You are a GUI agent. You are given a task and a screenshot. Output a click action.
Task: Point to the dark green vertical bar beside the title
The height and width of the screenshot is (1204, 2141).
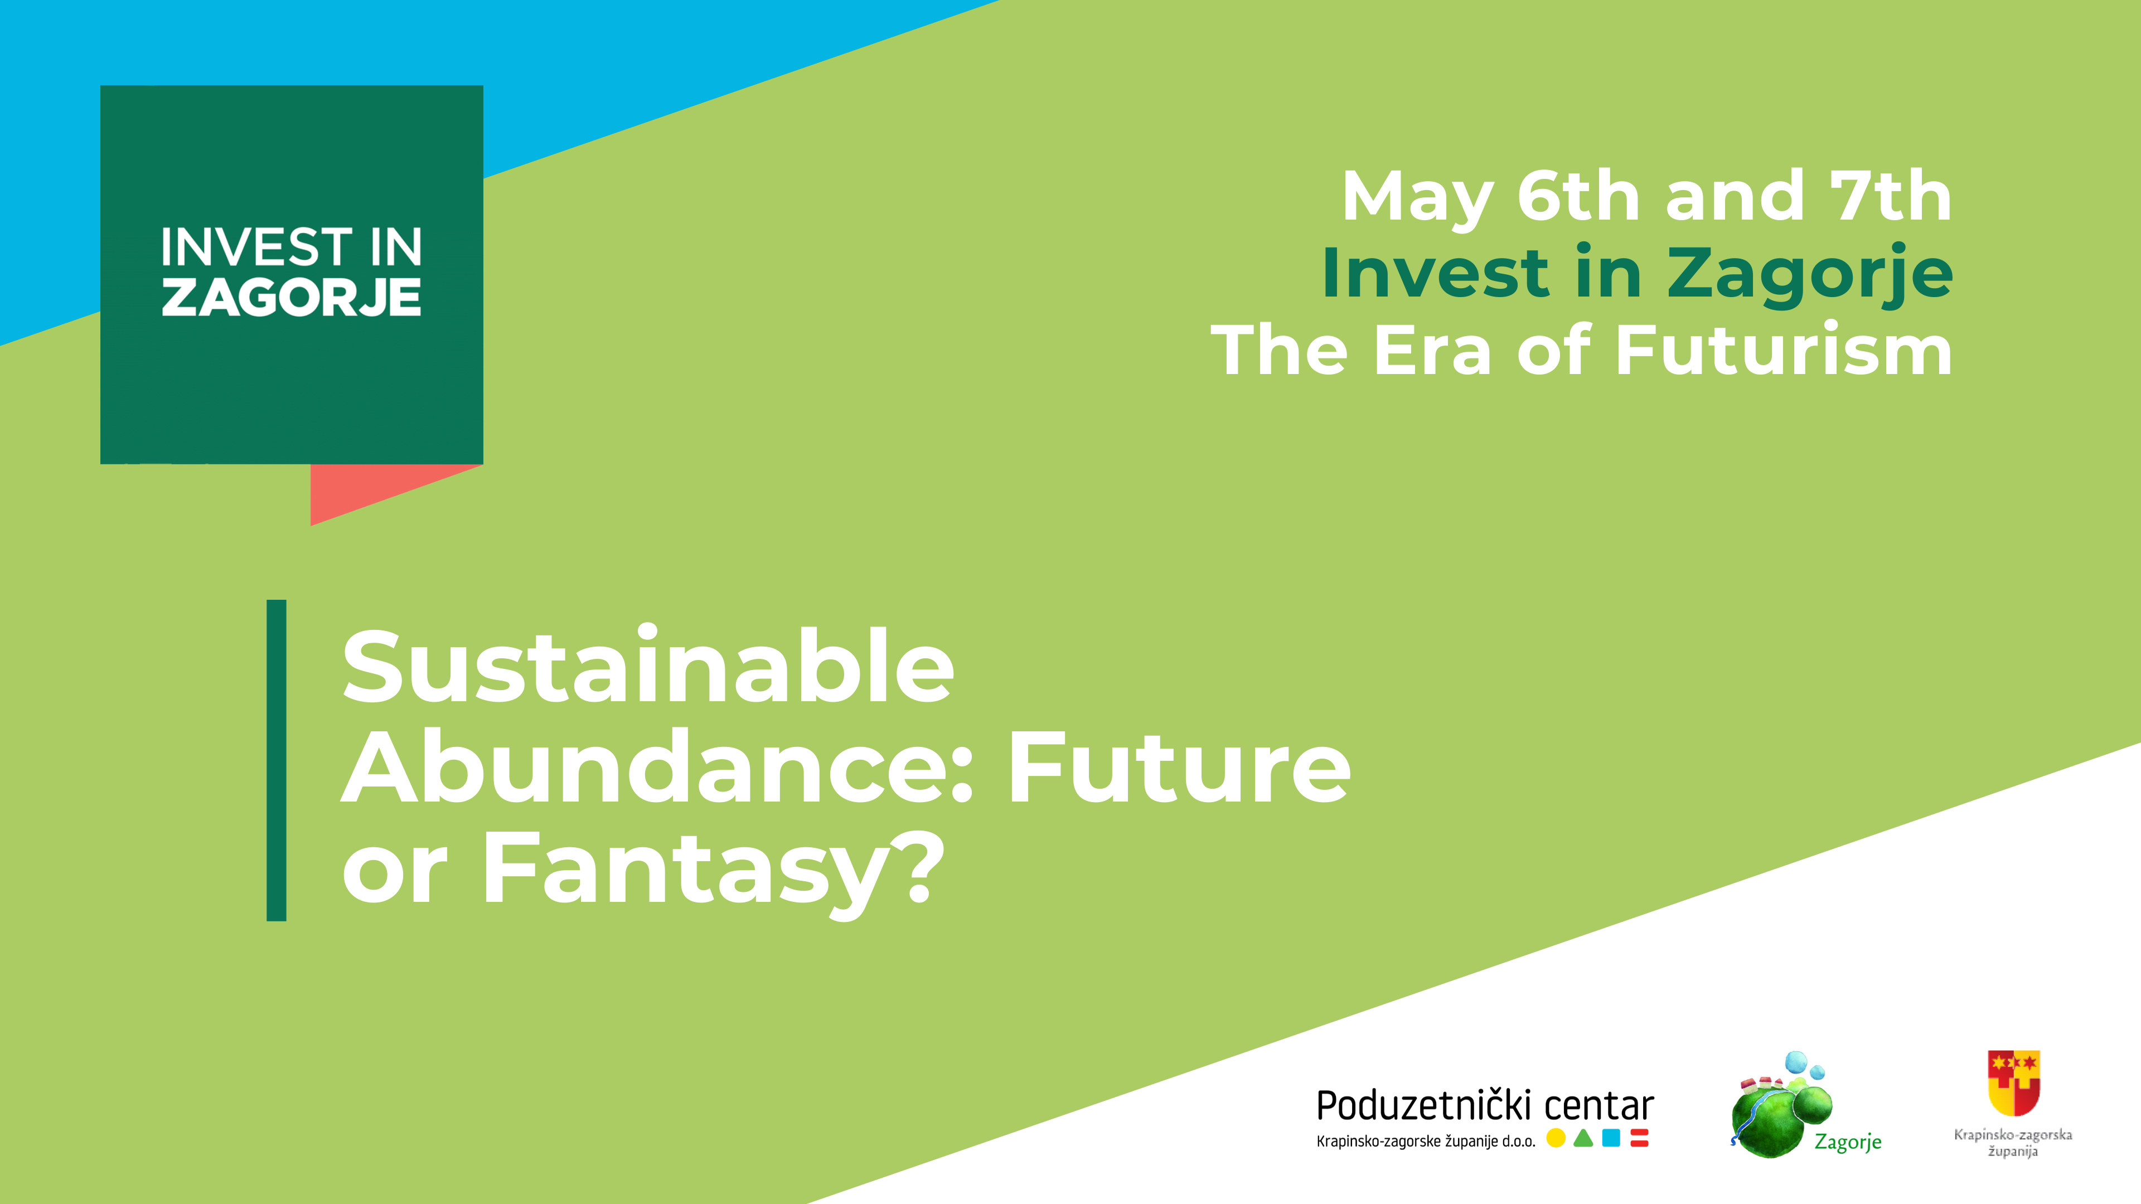click(x=276, y=760)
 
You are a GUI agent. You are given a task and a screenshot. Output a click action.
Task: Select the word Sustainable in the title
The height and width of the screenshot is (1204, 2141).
click(x=648, y=667)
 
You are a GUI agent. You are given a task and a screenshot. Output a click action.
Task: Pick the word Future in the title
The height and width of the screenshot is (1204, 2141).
click(x=1179, y=769)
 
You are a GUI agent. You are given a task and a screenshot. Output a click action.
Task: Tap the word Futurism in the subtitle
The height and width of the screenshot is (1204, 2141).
click(x=1784, y=350)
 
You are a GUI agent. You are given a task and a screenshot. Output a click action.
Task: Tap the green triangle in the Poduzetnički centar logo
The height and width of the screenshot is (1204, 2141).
click(x=1583, y=1138)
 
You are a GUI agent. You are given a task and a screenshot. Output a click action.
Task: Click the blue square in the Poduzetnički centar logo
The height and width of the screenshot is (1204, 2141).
click(x=1611, y=1138)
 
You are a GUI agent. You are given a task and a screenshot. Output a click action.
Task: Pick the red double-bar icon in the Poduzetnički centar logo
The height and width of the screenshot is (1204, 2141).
click(x=1640, y=1138)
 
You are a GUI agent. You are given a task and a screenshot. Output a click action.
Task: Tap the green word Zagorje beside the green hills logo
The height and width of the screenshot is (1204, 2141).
click(x=1848, y=1142)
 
